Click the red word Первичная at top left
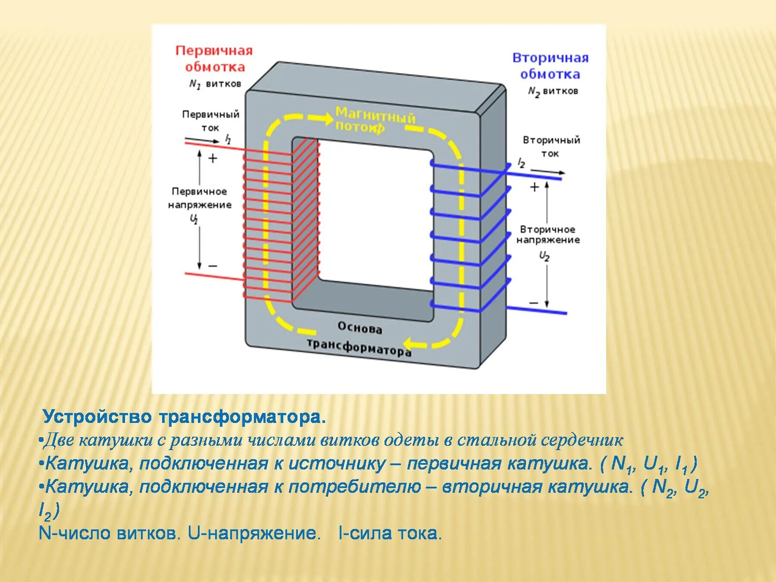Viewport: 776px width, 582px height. point(214,51)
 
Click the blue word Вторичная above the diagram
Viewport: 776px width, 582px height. point(550,58)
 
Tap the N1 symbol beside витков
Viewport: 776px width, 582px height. point(195,84)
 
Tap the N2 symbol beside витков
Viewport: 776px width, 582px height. point(534,92)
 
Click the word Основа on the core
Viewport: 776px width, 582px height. point(360,328)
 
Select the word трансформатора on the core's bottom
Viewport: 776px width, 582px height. point(359,348)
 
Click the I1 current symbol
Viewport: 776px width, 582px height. point(228,139)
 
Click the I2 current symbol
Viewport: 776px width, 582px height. point(521,163)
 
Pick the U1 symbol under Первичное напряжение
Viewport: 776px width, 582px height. point(194,219)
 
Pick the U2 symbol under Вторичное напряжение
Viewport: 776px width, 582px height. point(544,257)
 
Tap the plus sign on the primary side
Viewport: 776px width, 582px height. point(213,159)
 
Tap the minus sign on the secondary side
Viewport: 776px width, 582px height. point(534,303)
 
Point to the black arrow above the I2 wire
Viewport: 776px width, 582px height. point(548,172)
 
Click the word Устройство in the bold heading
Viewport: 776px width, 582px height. point(97,417)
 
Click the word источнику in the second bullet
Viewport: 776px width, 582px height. point(337,463)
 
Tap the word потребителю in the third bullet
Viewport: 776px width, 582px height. point(354,487)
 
